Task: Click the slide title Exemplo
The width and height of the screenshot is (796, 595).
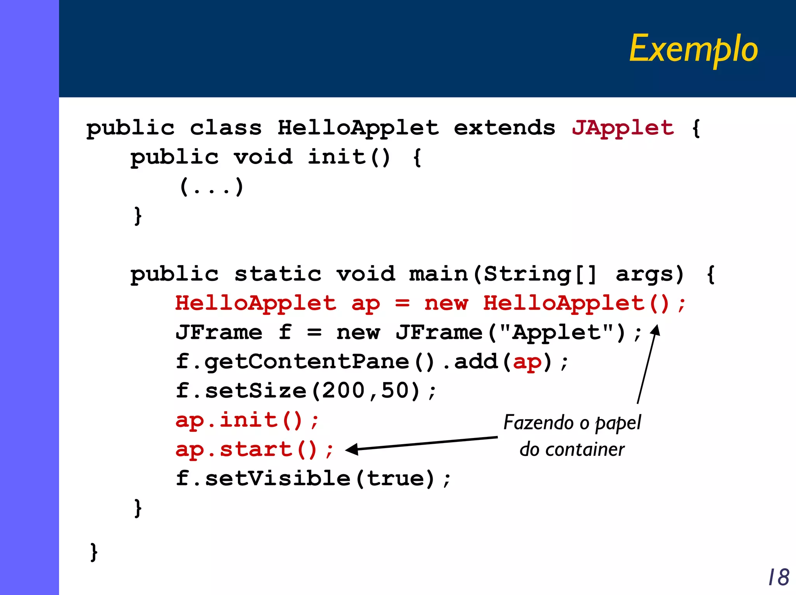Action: click(x=693, y=49)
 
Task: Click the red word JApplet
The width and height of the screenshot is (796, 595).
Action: click(x=623, y=128)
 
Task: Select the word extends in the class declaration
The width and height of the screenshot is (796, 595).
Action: click(x=504, y=128)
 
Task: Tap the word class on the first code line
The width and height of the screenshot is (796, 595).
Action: click(x=226, y=128)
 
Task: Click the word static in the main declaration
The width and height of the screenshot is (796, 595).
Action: click(x=278, y=274)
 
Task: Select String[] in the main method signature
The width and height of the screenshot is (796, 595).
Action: click(x=540, y=274)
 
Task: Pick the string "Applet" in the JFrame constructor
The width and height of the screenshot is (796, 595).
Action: click(x=556, y=332)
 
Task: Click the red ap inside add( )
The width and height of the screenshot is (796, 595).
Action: click(x=527, y=362)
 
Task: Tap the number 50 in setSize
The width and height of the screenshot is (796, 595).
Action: click(x=395, y=391)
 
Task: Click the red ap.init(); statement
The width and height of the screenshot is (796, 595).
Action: click(x=247, y=420)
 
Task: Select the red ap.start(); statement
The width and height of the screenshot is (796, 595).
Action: click(x=254, y=450)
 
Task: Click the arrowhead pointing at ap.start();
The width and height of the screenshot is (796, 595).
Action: click(x=351, y=450)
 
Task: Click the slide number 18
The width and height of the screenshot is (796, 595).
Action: click(x=779, y=577)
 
